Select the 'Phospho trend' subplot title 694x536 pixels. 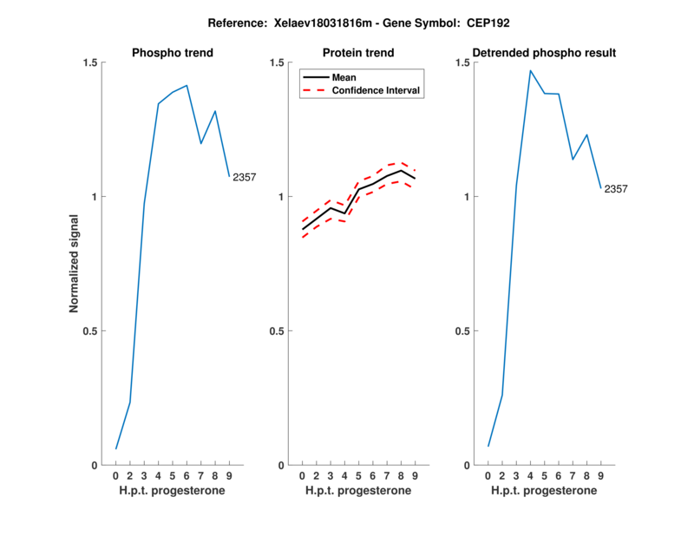(x=173, y=53)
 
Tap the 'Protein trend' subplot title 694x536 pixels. (x=359, y=53)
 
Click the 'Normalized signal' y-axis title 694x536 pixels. (x=75, y=264)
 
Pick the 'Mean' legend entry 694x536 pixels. (x=344, y=77)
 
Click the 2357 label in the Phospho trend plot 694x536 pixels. (x=244, y=177)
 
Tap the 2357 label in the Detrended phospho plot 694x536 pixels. (x=616, y=188)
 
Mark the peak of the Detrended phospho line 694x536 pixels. (x=530, y=71)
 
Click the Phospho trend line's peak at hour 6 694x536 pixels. (x=187, y=85)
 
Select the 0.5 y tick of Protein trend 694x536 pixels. (x=278, y=330)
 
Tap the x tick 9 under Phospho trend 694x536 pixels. (x=229, y=476)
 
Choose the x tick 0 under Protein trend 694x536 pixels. (x=302, y=476)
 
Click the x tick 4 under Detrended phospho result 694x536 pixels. (x=530, y=476)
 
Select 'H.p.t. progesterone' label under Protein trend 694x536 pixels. (x=358, y=491)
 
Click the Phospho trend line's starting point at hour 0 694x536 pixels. (x=116, y=449)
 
